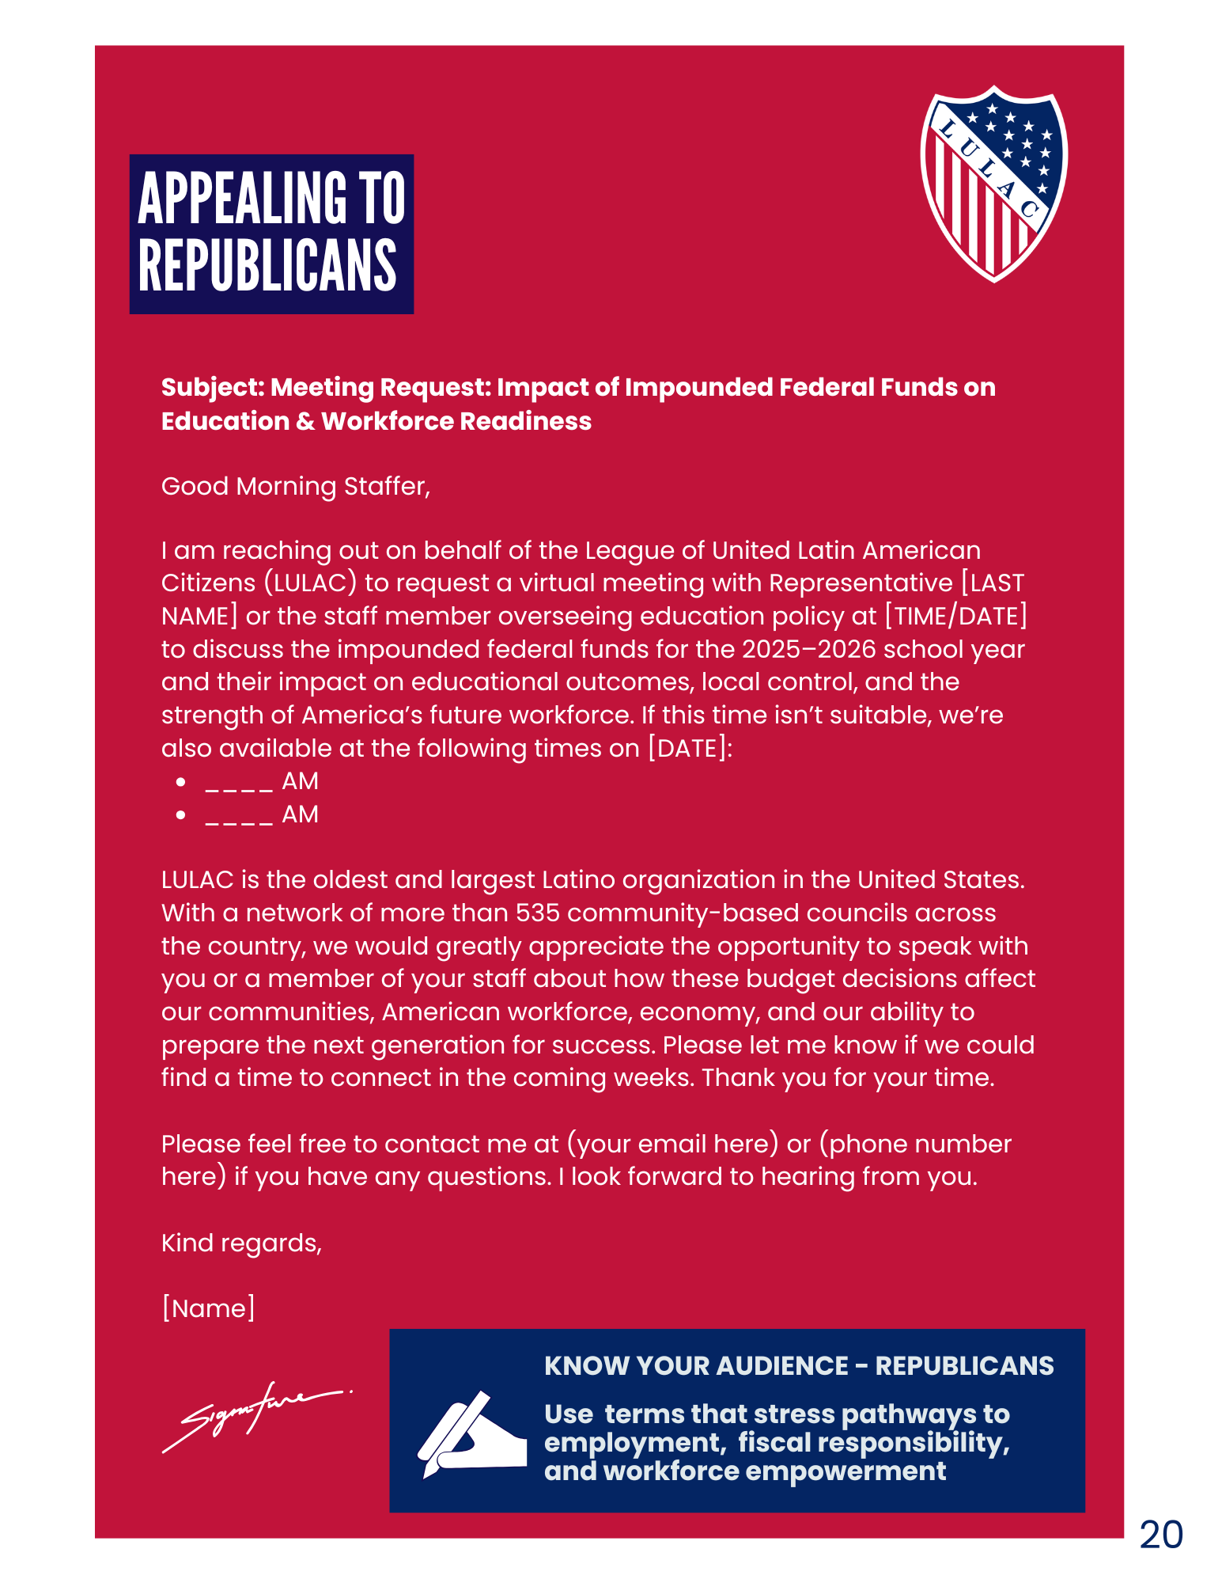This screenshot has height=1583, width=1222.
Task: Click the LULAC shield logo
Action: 993,183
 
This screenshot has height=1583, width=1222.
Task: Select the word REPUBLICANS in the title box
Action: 267,266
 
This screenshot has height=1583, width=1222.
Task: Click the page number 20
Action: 1160,1535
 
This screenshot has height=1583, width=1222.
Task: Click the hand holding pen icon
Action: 471,1434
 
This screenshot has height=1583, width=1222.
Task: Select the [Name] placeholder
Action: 208,1308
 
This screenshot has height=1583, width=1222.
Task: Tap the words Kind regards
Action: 241,1243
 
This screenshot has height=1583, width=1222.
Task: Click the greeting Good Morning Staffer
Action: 295,486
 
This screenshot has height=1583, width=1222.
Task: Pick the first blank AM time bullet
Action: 261,782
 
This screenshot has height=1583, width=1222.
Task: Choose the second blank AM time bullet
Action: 261,814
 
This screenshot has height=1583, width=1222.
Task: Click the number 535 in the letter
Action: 537,913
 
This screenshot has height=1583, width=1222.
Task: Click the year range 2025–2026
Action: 808,649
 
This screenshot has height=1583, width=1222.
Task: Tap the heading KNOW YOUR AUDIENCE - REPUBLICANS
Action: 799,1365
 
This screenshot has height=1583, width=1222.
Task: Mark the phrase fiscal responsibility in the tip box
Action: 873,1442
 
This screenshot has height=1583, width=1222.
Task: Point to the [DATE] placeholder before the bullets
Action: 687,748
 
